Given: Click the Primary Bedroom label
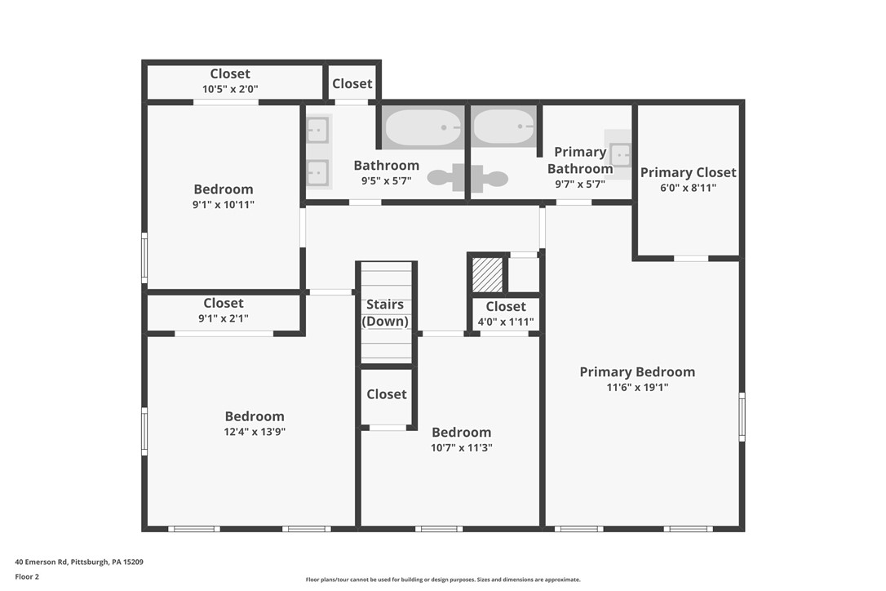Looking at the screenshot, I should click(x=637, y=372).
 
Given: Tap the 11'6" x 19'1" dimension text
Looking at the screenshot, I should click(x=636, y=388).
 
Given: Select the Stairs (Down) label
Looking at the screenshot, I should click(x=386, y=313).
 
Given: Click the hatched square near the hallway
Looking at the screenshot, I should click(x=488, y=275).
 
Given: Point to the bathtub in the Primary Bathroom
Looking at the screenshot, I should click(x=503, y=127).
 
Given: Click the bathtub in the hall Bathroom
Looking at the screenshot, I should click(x=423, y=127).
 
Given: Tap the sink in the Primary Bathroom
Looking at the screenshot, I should click(x=620, y=153).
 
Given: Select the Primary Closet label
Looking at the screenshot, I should click(x=688, y=172).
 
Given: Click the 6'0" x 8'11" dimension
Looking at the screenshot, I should click(x=688, y=187).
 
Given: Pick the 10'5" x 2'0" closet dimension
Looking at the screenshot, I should click(x=230, y=89).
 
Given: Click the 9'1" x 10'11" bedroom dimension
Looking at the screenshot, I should click(x=223, y=204).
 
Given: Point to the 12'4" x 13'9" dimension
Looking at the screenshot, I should click(x=255, y=432).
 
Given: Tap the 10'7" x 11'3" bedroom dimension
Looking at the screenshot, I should click(x=461, y=447).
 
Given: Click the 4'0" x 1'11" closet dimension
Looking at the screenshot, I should click(x=506, y=322).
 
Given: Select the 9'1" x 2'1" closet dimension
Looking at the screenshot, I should click(x=223, y=318).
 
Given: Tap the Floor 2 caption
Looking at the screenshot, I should click(x=27, y=576).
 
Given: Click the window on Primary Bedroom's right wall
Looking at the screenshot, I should click(x=742, y=417).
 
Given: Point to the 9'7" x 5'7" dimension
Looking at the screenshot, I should click(x=579, y=184).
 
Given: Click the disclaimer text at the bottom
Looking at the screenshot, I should click(x=443, y=580).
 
